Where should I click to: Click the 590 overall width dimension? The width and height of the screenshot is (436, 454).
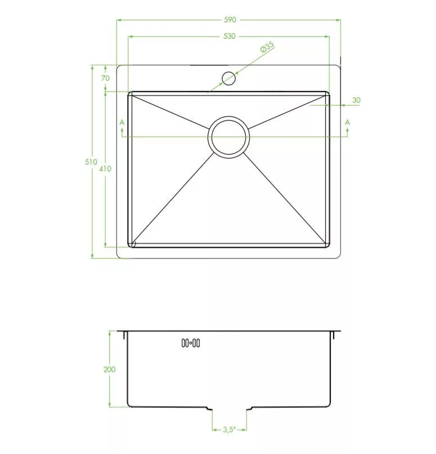(x=230, y=20)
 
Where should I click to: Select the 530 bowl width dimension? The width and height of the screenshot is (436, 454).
(x=230, y=36)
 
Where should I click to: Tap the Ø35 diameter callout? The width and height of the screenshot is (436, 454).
(x=267, y=47)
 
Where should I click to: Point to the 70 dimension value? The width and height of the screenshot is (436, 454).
(x=106, y=78)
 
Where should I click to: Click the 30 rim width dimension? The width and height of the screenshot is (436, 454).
(x=356, y=100)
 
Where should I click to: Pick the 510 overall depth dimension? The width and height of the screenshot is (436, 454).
(x=91, y=162)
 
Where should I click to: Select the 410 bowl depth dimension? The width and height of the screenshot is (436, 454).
(x=105, y=169)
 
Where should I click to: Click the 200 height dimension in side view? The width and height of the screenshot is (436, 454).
(x=109, y=369)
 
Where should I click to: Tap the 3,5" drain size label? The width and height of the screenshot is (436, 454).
(x=230, y=430)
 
